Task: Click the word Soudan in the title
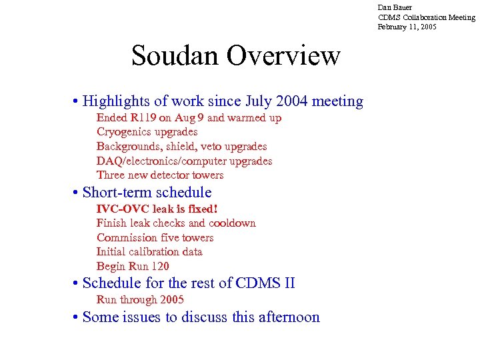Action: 175,56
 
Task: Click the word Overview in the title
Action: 283,56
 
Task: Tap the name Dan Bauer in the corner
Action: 395,7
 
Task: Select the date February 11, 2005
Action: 408,27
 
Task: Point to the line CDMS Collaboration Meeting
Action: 426,17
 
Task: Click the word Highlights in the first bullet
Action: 116,101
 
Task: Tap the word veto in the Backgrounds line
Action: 217,147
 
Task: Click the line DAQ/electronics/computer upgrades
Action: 184,161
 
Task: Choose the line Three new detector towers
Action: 160,175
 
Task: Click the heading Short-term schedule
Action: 147,193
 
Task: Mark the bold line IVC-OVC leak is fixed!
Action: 157,209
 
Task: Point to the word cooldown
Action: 232,223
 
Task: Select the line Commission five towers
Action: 155,238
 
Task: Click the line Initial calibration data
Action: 149,252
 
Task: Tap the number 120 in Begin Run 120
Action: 159,266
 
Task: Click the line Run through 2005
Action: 140,300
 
